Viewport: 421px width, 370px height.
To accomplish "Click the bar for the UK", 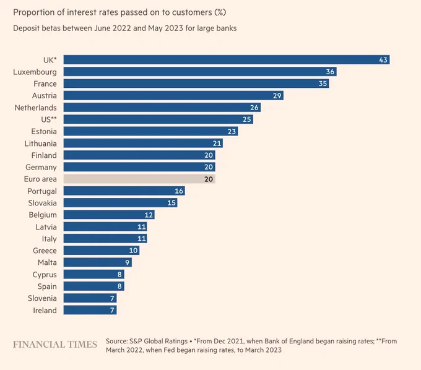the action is click(x=227, y=59).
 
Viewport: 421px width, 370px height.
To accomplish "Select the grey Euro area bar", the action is click(x=139, y=179).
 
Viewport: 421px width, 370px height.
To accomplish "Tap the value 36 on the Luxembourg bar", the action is click(x=330, y=72).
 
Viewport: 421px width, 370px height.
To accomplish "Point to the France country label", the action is click(x=45, y=84).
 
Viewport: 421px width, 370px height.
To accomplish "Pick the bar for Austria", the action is click(x=173, y=95).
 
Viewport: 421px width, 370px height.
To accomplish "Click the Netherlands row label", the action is click(x=36, y=108).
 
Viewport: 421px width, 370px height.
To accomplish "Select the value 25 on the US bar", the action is click(x=247, y=119).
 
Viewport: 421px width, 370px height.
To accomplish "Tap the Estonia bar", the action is click(x=150, y=131).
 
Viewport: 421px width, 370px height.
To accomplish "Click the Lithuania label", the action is click(x=40, y=144).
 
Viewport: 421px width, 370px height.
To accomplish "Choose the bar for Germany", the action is click(x=139, y=167).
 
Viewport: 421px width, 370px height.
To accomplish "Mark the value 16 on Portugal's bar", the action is click(x=179, y=191).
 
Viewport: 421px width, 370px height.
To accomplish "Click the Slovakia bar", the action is click(x=120, y=202).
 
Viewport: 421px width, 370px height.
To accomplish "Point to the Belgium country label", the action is click(x=43, y=215).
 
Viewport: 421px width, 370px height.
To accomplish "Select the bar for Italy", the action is click(x=105, y=238).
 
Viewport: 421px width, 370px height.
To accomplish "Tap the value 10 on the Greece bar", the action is click(x=134, y=251).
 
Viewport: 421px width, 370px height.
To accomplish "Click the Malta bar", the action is click(x=98, y=262).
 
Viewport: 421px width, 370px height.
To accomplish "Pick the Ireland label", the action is click(x=45, y=311).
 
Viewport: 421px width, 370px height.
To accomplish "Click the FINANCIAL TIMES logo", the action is click(x=55, y=344).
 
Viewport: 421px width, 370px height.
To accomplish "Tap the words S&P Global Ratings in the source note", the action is click(x=158, y=341).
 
